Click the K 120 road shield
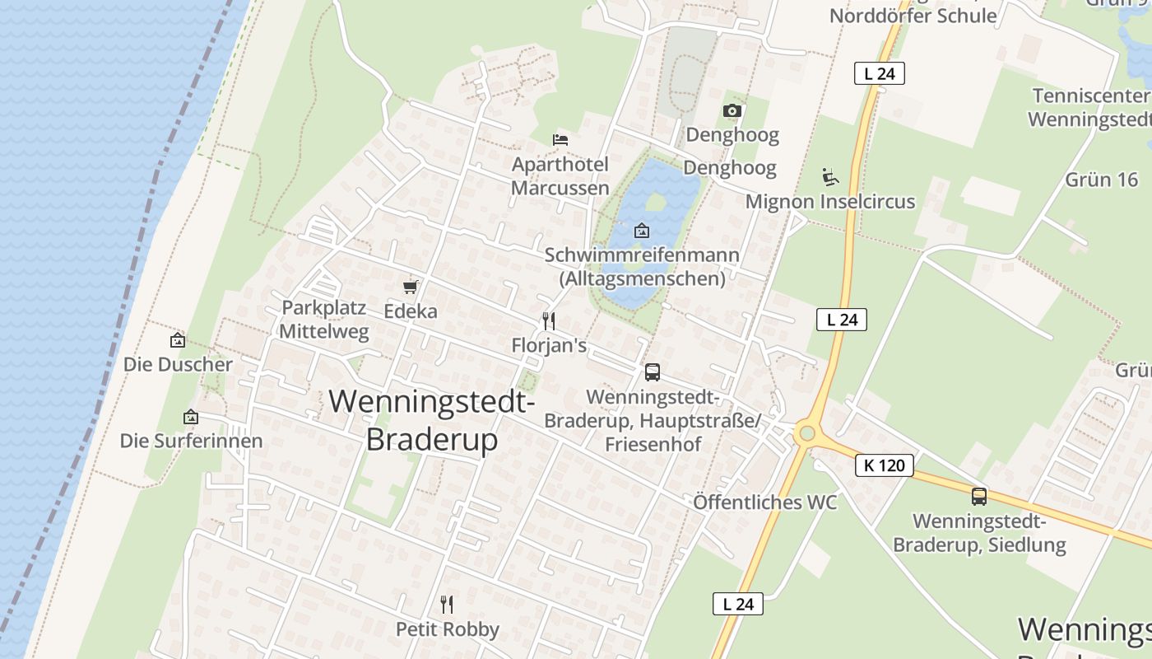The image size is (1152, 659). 885,465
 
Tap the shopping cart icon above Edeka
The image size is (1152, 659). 410,287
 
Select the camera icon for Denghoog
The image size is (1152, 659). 732,110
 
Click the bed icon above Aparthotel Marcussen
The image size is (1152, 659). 560,139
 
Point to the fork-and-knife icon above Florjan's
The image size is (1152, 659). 549,320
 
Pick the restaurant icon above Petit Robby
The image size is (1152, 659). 447,605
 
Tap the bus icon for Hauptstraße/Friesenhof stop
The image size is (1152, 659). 652,372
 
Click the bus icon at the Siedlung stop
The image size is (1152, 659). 978,497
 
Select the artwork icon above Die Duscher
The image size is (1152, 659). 177,339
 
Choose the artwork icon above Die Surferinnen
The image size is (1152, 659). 191,417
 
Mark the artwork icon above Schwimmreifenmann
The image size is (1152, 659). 642,231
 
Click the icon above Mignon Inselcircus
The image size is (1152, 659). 829,176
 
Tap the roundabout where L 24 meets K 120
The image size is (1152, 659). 806,432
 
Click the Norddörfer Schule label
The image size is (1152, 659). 913,16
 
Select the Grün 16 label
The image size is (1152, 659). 1101,180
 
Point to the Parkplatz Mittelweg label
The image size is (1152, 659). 323,320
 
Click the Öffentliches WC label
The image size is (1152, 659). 764,502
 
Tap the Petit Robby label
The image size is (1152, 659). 448,629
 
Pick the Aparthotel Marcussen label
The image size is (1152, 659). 560,175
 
